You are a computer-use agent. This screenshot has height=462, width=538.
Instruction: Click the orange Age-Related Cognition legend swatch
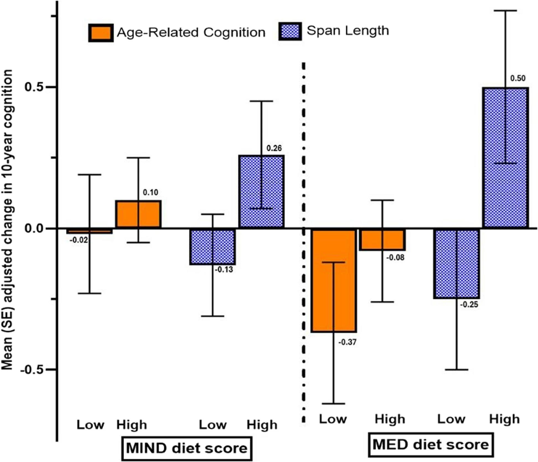click(101, 33)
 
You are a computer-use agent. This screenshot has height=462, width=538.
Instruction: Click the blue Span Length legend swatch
click(290, 31)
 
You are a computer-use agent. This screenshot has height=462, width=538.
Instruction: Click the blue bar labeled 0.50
click(505, 158)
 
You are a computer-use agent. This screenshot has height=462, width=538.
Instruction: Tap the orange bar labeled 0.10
click(138, 214)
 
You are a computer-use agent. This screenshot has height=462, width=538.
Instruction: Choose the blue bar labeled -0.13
click(213, 246)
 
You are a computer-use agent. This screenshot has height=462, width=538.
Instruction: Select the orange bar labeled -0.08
click(382, 240)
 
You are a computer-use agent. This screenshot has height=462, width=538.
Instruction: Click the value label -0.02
click(79, 240)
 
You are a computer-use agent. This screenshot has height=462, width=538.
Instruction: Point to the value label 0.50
click(518, 78)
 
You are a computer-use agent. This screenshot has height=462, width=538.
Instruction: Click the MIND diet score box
click(187, 448)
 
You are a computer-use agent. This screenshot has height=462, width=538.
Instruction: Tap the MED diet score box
click(431, 445)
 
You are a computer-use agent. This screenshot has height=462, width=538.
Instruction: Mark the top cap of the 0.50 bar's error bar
click(505, 11)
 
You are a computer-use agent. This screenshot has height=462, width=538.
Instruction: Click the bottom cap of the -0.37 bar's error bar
click(333, 404)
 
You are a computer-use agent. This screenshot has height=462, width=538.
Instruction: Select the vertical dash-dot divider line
click(304, 241)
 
